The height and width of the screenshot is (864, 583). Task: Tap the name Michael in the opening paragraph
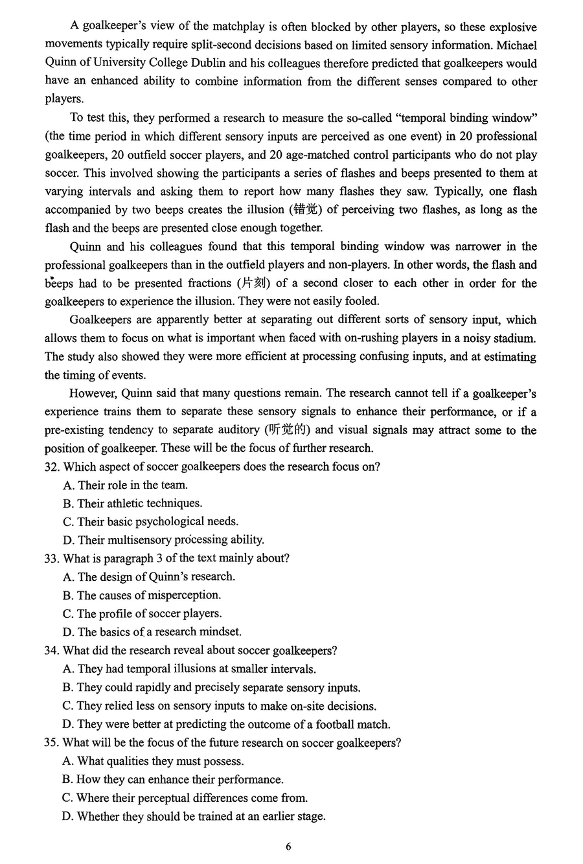click(x=516, y=45)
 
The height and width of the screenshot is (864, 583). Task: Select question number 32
click(x=52, y=467)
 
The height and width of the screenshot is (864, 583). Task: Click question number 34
click(x=52, y=651)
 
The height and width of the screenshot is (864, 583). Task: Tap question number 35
click(x=52, y=743)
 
